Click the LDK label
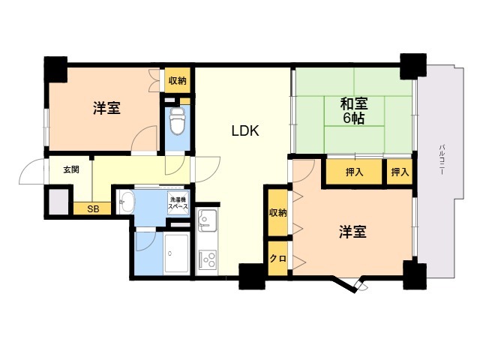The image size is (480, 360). tap(245, 131)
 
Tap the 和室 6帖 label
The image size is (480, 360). tap(354, 111)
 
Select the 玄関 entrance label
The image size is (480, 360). tap(71, 169)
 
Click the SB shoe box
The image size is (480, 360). tap(92, 208)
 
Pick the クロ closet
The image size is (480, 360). tap(278, 258)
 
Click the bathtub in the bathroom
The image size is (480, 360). tap(176, 253)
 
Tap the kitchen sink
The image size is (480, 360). tap(207, 220)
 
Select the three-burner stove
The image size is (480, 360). tap(208, 259)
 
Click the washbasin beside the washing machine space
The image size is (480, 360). tap(127, 202)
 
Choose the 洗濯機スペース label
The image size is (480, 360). tap(178, 203)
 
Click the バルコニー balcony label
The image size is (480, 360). tap(442, 159)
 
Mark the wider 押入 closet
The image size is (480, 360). tap(354, 172)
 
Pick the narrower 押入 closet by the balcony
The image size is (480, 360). tap(400, 172)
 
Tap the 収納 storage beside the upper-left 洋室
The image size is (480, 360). tap(178, 80)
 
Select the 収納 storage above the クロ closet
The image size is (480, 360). tap(278, 212)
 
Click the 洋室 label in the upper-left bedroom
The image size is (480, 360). tap(106, 108)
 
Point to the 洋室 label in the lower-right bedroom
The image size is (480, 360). tap(352, 232)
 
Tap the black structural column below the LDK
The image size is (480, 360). tap(252, 277)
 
